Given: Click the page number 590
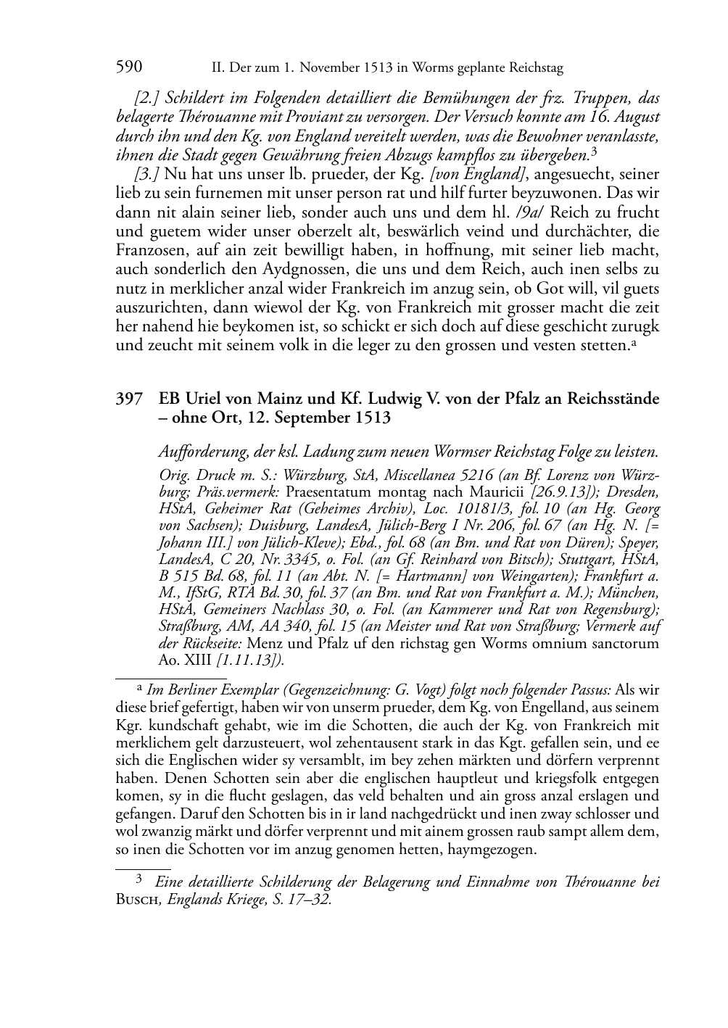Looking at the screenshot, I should click(x=129, y=67).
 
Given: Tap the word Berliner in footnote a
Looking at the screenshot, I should click(x=186, y=689).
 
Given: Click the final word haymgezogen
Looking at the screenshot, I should click(x=492, y=849).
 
